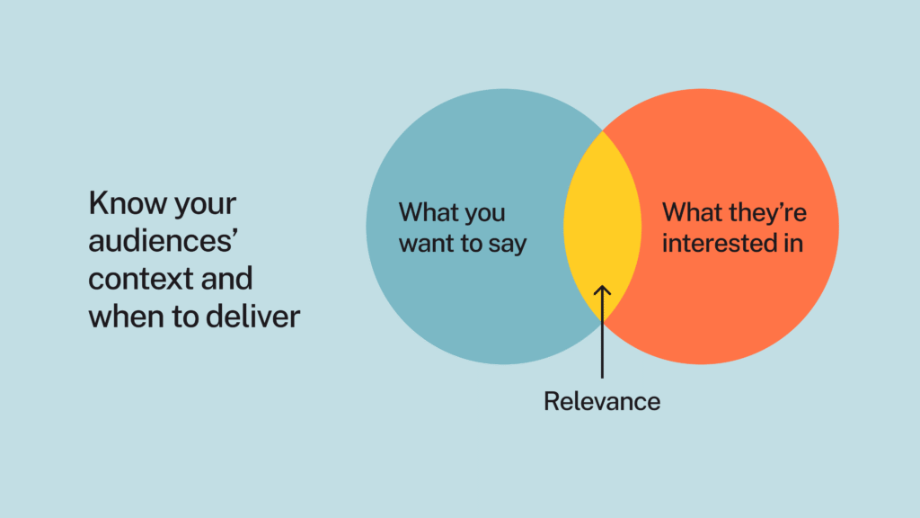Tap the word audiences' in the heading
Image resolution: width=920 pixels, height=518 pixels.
[x=164, y=241]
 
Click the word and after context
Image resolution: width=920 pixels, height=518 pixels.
[x=227, y=278]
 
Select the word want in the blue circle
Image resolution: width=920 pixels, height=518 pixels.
[x=424, y=243]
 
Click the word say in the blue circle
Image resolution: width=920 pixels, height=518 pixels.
[x=508, y=245]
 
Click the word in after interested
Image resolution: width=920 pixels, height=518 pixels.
[x=794, y=243]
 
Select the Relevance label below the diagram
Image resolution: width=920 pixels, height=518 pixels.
[x=602, y=402]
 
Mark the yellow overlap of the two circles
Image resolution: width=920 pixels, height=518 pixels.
[x=603, y=227]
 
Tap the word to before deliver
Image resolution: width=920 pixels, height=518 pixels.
[x=185, y=317]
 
